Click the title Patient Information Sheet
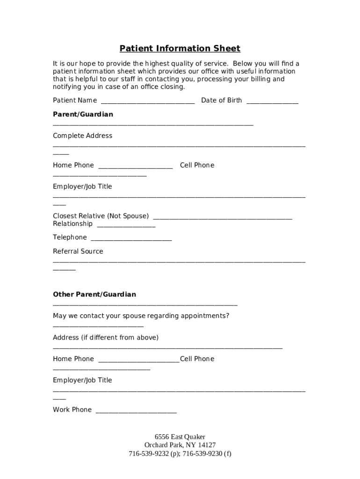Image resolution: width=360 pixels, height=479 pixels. (x=180, y=49)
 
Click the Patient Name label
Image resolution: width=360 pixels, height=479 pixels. (x=75, y=101)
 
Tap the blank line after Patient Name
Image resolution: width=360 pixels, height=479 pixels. (x=148, y=102)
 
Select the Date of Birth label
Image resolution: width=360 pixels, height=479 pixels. (x=221, y=101)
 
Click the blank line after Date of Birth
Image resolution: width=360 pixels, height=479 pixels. (x=272, y=102)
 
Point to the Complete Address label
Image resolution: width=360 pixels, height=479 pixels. (x=82, y=136)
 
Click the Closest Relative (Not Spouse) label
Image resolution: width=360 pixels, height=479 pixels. (x=101, y=216)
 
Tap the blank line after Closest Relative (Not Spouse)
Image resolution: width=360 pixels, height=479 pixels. (x=223, y=218)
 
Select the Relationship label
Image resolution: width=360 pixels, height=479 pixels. (x=72, y=224)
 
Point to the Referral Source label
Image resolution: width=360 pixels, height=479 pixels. (x=78, y=252)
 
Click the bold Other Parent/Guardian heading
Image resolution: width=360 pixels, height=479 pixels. (x=94, y=295)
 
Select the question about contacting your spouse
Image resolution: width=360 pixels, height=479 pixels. (x=141, y=316)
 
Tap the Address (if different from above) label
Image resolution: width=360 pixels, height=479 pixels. (x=106, y=338)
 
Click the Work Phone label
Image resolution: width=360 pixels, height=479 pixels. (x=72, y=410)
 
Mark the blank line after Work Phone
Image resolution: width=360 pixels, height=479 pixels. (x=136, y=412)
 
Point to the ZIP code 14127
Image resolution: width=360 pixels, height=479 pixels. (x=207, y=445)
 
